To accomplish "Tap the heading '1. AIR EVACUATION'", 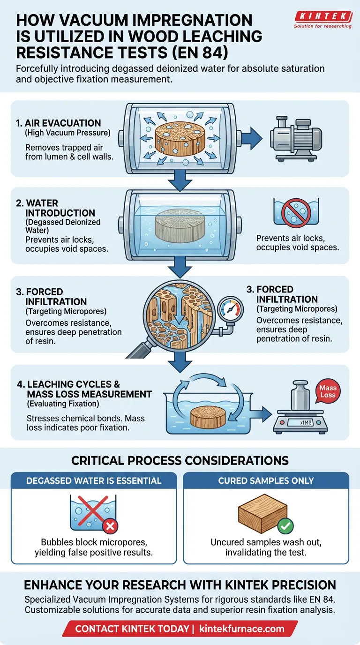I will (58, 123).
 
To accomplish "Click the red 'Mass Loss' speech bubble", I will (328, 391).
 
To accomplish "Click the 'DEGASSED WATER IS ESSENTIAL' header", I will (94, 480).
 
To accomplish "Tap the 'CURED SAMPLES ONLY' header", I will (266, 480).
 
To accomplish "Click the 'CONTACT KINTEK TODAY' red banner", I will (180, 628).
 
